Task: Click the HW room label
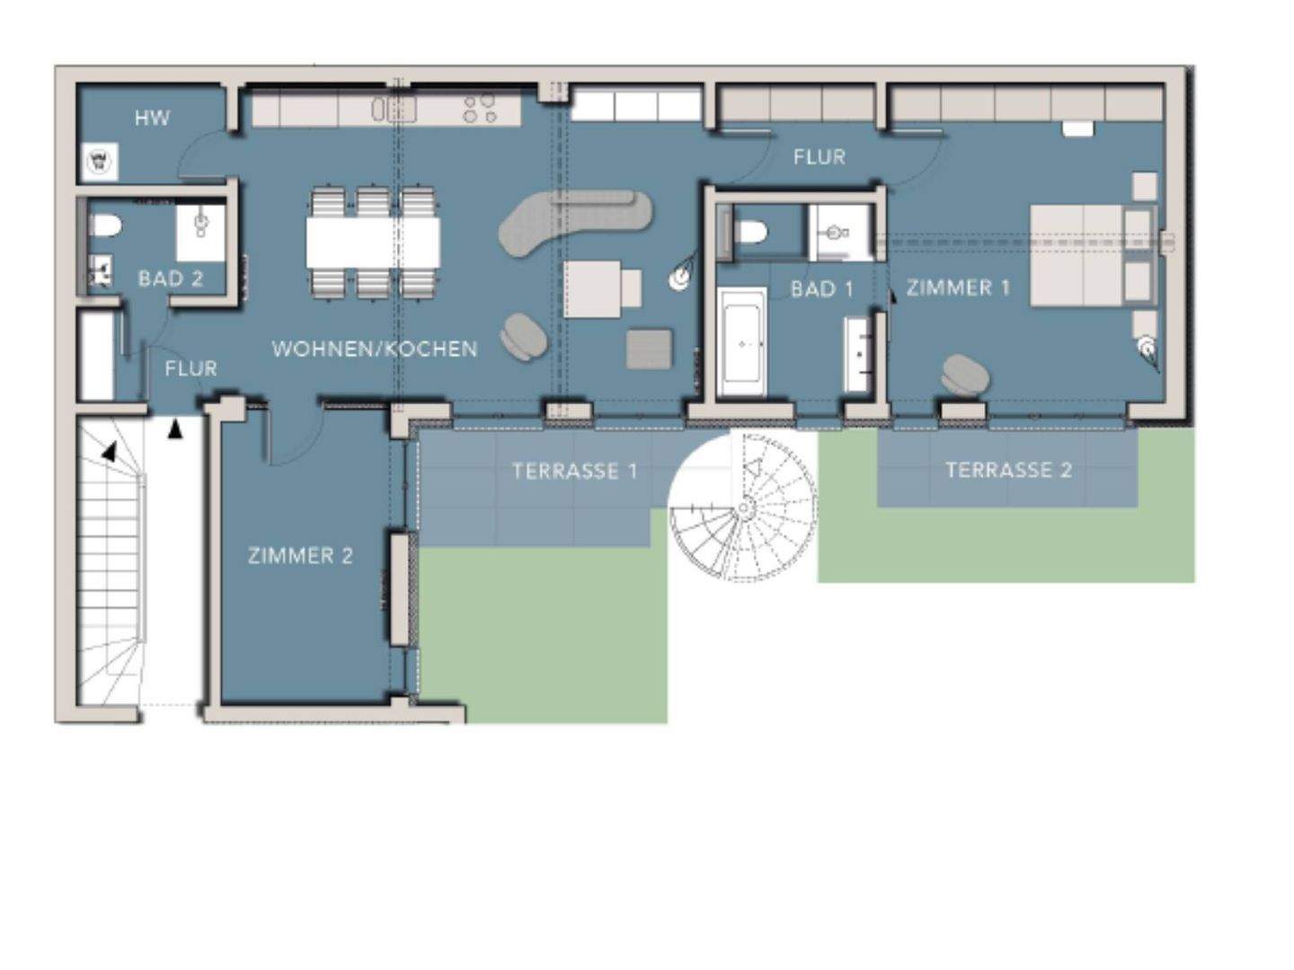click(x=152, y=119)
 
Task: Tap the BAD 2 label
click(x=171, y=278)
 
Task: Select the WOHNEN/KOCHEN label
click(x=375, y=348)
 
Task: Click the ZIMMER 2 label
click(x=300, y=555)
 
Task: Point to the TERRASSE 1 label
click(x=575, y=471)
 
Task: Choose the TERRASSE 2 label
click(x=1008, y=470)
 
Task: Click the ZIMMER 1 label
click(x=958, y=288)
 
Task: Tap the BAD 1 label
click(x=822, y=289)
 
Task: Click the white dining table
click(x=373, y=242)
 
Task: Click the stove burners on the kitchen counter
click(x=479, y=109)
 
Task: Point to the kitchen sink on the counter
click(x=395, y=109)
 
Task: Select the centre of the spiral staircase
click(x=744, y=507)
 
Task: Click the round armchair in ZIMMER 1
click(x=966, y=375)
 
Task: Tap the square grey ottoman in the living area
click(x=649, y=349)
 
